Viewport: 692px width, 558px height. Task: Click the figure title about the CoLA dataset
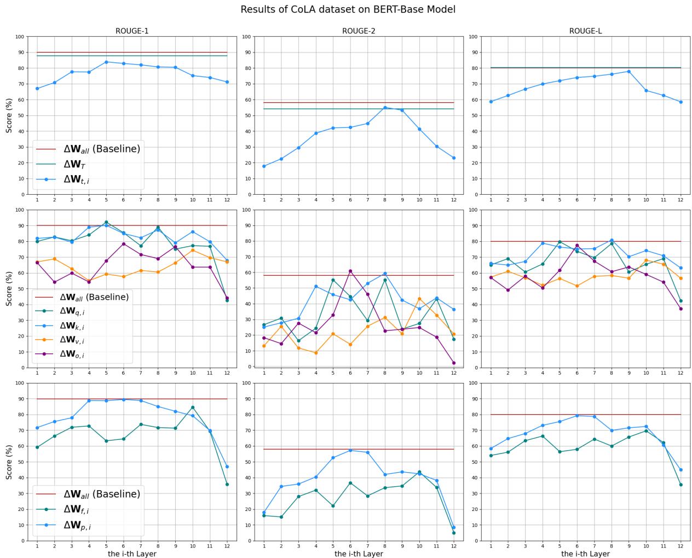(x=348, y=9)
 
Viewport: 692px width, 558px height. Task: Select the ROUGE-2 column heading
(x=359, y=31)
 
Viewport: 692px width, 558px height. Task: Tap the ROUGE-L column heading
(x=585, y=31)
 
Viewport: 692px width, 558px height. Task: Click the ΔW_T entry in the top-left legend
(x=74, y=164)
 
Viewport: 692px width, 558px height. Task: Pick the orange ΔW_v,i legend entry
(x=72, y=339)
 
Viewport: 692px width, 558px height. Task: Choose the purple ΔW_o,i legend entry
(x=72, y=354)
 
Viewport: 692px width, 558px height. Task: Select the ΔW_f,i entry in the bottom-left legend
(x=76, y=509)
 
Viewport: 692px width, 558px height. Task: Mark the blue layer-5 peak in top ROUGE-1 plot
(x=106, y=62)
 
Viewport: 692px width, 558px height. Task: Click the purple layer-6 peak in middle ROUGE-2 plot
(x=350, y=271)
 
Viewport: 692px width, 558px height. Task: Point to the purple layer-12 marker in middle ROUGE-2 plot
(x=454, y=363)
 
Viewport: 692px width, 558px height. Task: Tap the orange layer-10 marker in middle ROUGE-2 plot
(x=419, y=299)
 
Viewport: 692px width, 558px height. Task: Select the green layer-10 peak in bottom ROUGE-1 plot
(x=193, y=407)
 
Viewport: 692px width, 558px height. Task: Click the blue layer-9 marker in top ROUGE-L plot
(x=628, y=71)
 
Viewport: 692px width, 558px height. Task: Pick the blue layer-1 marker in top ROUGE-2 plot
(x=264, y=166)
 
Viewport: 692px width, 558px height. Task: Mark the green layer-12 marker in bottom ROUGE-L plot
(x=681, y=485)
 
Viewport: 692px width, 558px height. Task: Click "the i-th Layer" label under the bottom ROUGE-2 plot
(x=359, y=554)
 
